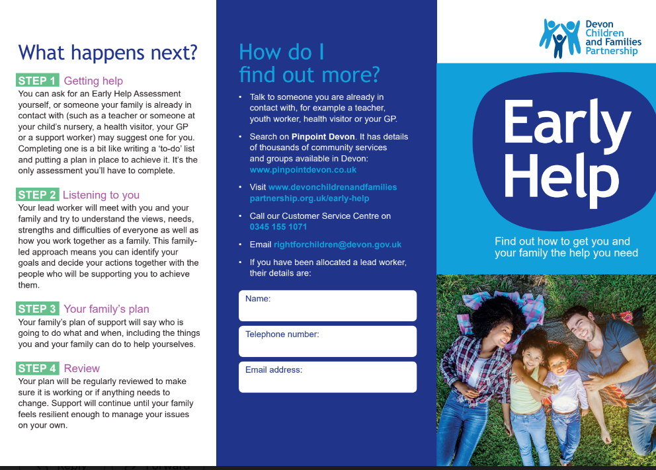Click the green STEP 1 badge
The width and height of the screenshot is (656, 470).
point(38,81)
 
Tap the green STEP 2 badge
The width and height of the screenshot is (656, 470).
point(38,194)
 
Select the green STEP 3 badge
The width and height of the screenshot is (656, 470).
point(38,309)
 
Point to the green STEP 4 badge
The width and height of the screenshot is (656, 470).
point(38,368)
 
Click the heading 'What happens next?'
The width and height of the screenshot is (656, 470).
point(108,52)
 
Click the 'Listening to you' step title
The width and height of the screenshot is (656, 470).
point(101,194)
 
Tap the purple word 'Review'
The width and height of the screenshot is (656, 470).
point(82,368)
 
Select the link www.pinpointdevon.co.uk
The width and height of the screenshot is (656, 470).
point(303,170)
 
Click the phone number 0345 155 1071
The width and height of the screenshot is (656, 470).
point(278,227)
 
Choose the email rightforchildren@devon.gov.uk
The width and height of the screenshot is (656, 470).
point(337,245)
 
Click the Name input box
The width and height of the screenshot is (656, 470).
point(327,305)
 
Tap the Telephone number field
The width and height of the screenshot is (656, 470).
point(327,341)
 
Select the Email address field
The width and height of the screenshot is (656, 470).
point(327,377)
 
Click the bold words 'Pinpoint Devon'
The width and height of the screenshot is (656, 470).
point(323,137)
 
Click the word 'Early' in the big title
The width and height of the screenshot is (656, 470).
point(566,123)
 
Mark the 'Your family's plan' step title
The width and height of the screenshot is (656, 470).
point(106,309)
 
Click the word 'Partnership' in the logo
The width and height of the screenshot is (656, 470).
point(612,51)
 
